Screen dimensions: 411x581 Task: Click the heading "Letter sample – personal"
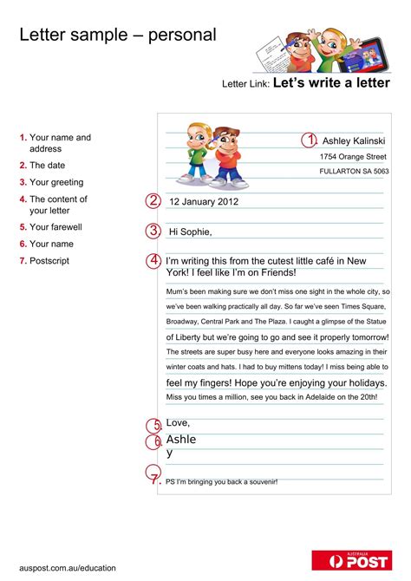point(118,35)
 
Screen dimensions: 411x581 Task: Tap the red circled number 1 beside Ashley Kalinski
point(310,140)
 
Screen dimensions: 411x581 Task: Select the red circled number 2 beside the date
point(153,201)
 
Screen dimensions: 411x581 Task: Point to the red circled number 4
point(153,260)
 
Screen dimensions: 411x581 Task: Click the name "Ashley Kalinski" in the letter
point(354,140)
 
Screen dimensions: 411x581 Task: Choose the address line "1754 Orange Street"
point(353,157)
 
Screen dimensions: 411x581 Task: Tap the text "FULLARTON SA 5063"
point(354,172)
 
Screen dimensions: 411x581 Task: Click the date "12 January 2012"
point(203,202)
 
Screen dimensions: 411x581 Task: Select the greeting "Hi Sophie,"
point(190,232)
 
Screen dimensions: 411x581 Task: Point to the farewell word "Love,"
point(178,422)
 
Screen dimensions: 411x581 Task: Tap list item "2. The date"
point(42,165)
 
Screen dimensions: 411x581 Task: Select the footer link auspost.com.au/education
point(68,568)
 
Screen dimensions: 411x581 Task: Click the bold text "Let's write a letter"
point(331,83)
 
